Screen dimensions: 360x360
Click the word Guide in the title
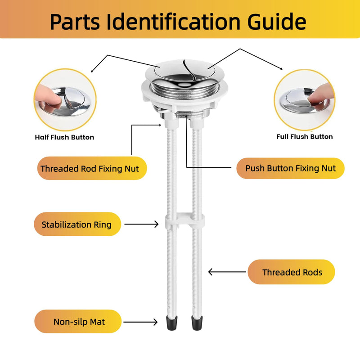point(277,22)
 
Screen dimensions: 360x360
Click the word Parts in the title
point(75,22)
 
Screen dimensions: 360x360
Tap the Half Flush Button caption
point(64,137)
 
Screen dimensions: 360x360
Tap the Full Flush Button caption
point(305,137)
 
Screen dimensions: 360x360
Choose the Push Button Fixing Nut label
point(290,168)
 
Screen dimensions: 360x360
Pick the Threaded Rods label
point(291,272)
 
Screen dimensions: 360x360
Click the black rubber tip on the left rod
point(172,323)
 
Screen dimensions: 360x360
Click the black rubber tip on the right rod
point(197,323)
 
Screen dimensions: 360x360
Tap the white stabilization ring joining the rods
point(185,221)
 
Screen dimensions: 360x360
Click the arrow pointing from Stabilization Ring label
point(141,224)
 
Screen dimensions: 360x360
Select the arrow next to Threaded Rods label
point(227,272)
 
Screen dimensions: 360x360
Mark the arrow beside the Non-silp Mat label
point(140,322)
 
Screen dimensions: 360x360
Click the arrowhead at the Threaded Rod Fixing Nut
point(160,125)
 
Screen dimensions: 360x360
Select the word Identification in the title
point(174,22)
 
